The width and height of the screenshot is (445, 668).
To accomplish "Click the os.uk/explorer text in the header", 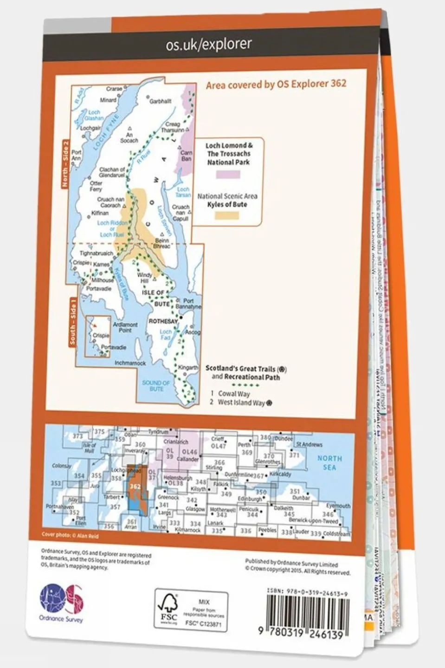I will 209,45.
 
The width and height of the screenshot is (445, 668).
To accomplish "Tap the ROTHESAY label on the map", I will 163,321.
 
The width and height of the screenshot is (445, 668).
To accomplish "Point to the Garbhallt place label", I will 161,101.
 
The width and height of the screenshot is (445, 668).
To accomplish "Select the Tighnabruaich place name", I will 97,253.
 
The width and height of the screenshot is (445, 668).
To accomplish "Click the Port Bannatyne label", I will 188,304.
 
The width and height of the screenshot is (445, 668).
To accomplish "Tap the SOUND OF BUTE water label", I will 156,386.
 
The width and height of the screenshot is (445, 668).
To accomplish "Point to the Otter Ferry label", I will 96,186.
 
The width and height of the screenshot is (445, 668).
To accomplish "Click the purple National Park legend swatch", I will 228,175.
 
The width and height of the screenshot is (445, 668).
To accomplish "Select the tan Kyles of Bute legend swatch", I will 227,215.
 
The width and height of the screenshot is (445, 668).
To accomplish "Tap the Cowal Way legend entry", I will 234,394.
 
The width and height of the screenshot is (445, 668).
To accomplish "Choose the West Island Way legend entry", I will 241,402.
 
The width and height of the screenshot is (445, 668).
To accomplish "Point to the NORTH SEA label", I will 329,463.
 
